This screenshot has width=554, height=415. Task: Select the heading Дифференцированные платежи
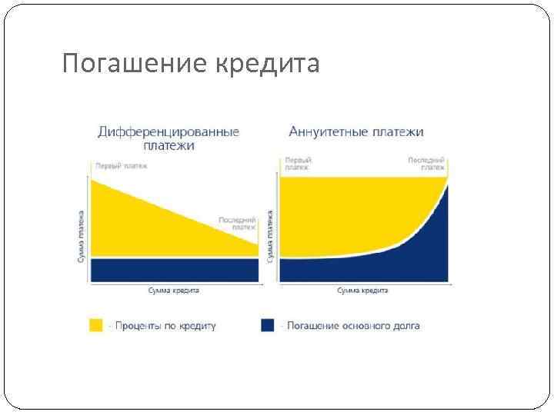tap(169, 138)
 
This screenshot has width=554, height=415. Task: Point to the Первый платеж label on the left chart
tap(120, 165)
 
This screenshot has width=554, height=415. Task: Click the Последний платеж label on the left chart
tap(237, 223)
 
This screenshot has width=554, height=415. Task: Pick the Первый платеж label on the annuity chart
tap(298, 163)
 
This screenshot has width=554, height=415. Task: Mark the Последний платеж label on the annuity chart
tap(426, 163)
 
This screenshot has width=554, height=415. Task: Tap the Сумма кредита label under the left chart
tap(174, 290)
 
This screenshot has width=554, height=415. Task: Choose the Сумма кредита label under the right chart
tap(363, 290)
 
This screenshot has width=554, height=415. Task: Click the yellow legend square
tap(96, 325)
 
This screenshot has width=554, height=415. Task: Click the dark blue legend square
tap(268, 325)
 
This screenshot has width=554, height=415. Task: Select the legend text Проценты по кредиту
tap(165, 326)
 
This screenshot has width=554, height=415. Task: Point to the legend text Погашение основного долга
tap(352, 326)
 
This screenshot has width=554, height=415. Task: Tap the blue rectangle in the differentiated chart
tap(174, 270)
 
